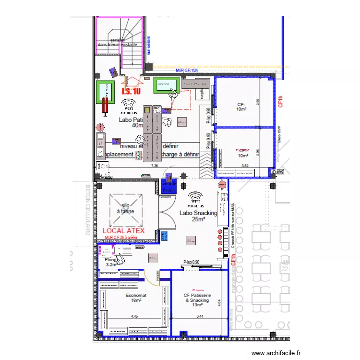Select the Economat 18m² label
click(136, 298)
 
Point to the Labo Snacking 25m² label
click(198, 216)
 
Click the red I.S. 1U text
click(131, 91)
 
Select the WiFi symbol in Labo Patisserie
click(128, 105)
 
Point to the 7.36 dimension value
click(155, 166)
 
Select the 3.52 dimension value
click(245, 166)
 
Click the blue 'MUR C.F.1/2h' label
click(187, 70)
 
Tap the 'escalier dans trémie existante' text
click(117, 42)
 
